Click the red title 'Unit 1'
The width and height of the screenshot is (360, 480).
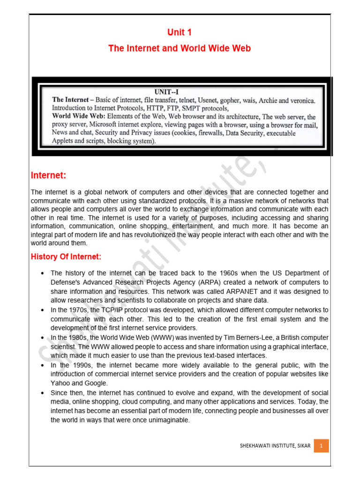[180, 32]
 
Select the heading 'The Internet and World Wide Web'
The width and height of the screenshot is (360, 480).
[180, 48]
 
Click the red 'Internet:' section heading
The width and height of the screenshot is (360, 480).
[49, 175]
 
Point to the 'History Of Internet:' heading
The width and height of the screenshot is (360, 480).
[66, 257]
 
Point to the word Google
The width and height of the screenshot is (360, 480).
[97, 383]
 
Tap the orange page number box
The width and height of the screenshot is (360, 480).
[321, 446]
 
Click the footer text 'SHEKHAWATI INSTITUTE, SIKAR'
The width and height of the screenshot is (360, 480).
[274, 446]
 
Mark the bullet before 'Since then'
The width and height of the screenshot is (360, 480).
[42, 392]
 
